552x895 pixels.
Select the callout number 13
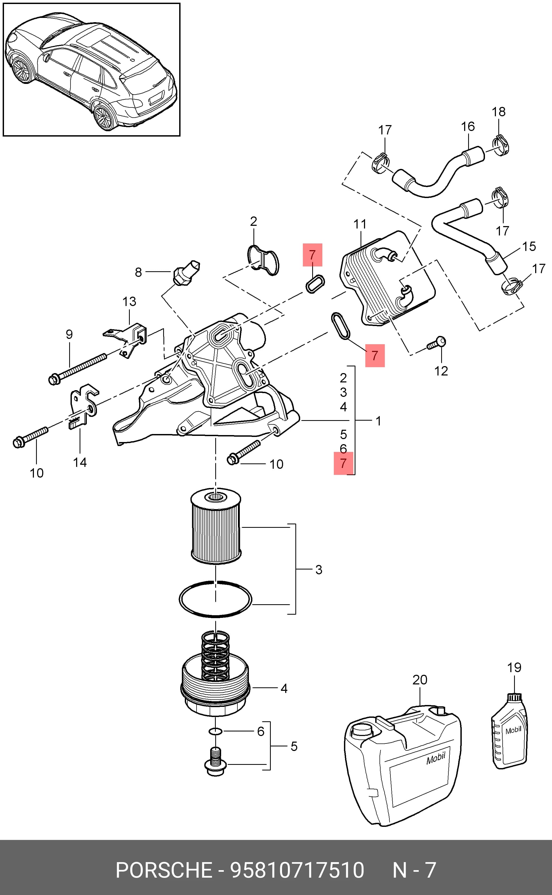click(129, 301)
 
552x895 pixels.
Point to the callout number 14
click(80, 463)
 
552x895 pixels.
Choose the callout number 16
click(468, 126)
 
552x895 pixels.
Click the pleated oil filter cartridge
click(216, 527)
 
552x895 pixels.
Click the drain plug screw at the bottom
click(216, 761)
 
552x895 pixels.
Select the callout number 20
click(420, 680)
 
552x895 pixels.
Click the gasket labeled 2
click(263, 260)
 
